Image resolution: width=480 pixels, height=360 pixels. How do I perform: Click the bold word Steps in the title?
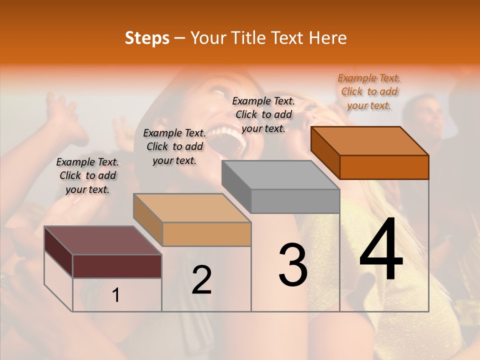[x=147, y=38]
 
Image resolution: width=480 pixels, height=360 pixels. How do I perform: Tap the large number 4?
[x=381, y=250]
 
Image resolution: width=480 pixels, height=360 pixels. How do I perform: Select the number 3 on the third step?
[x=292, y=264]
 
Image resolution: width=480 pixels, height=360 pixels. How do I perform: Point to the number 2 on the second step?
[x=201, y=279]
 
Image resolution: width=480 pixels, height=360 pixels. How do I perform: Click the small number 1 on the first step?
[x=115, y=295]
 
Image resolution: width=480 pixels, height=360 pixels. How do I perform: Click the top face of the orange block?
[x=369, y=140]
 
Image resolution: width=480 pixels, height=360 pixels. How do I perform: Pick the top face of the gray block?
[x=280, y=175]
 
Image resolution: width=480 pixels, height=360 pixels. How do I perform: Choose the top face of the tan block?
[x=192, y=208]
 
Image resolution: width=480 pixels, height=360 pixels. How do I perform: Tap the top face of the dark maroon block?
[x=102, y=240]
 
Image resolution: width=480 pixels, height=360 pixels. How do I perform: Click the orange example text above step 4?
[x=369, y=91]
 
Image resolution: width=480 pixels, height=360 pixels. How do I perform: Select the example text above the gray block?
[x=263, y=114]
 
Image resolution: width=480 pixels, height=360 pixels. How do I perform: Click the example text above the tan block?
[x=174, y=146]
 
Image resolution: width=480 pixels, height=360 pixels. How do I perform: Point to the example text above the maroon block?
[x=87, y=175]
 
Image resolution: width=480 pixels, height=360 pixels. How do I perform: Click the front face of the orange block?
[x=384, y=167]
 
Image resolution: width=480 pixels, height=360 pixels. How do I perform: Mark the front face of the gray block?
[x=295, y=201]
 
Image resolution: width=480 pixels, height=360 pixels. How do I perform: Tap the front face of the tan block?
[x=206, y=234]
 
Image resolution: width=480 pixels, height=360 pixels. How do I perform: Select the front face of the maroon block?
[x=117, y=266]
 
